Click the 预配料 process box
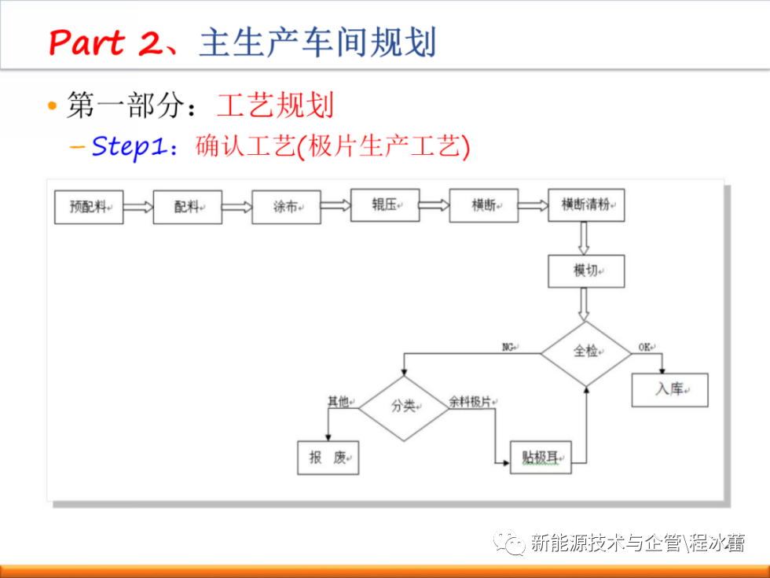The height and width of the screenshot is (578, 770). click(89, 208)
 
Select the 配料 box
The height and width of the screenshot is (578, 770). click(188, 208)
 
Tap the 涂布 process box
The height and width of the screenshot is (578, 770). click(286, 208)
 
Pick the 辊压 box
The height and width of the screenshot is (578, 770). click(385, 205)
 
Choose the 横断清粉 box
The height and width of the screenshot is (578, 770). click(586, 205)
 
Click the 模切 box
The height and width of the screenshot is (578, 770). click(586, 271)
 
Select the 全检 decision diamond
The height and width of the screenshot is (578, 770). click(586, 353)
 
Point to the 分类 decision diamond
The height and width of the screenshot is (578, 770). click(404, 408)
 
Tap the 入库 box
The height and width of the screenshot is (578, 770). click(669, 390)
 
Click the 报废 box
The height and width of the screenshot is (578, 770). click(328, 458)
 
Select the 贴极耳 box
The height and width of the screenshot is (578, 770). click(541, 458)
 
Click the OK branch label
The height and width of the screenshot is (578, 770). click(646, 348)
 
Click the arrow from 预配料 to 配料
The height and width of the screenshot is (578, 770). click(138, 207)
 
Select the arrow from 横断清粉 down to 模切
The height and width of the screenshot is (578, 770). click(583, 238)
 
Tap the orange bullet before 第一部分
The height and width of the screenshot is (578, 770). click(53, 105)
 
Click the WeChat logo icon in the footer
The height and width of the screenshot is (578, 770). click(509, 543)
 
